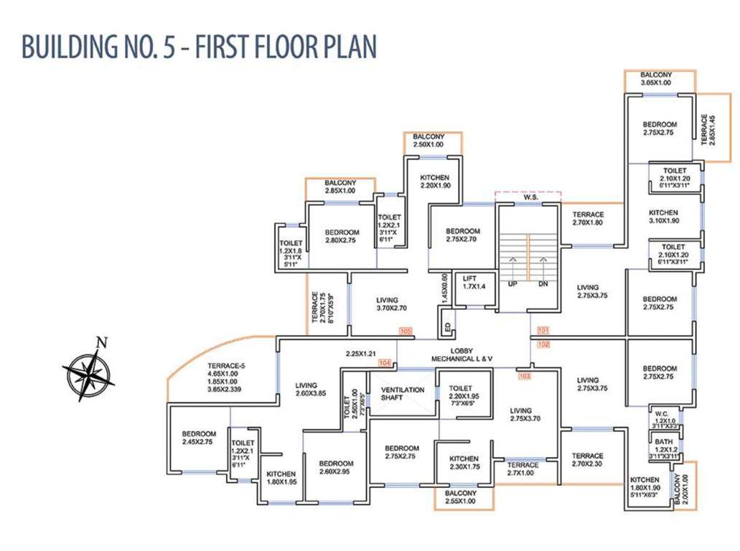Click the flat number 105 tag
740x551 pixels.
[406, 331]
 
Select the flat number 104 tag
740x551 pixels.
[384, 364]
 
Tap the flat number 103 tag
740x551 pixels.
[525, 375]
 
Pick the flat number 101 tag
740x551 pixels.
[543, 331]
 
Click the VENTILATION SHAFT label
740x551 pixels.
[402, 395]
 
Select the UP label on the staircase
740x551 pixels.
[512, 283]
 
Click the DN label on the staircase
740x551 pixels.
[543, 283]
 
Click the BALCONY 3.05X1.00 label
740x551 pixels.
[656, 79]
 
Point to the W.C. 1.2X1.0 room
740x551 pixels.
[661, 418]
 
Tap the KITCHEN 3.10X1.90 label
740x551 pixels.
[663, 217]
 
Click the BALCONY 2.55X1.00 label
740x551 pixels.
[460, 497]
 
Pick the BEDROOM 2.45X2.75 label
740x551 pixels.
[199, 438]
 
